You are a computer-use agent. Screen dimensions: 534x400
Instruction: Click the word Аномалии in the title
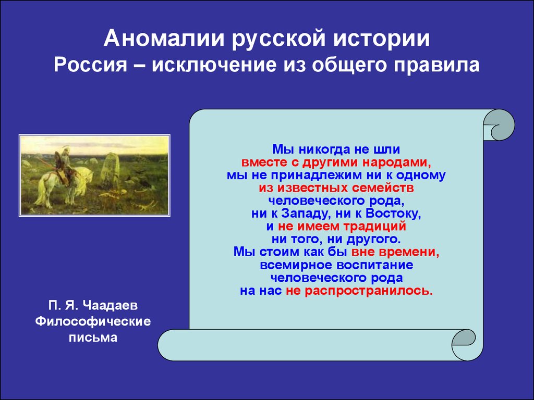click(164, 39)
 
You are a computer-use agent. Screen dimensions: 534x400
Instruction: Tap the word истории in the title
click(381, 39)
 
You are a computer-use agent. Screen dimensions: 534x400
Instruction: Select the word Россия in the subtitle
click(90, 65)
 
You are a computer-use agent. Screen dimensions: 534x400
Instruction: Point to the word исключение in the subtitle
click(214, 65)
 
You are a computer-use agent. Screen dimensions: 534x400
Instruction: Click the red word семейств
click(383, 187)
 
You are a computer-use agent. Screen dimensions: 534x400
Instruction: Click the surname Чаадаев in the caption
click(110, 305)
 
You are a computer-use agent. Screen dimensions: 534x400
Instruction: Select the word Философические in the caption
click(93, 321)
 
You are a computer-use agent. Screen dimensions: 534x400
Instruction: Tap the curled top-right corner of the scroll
click(499, 124)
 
